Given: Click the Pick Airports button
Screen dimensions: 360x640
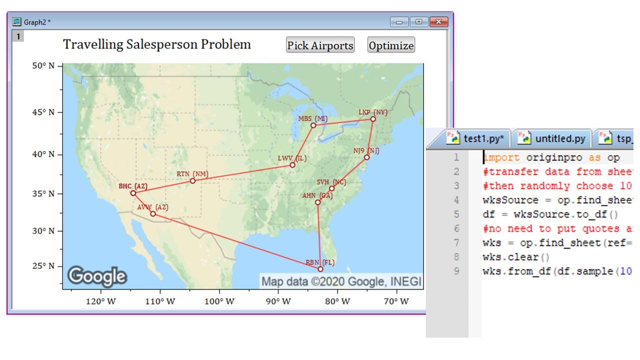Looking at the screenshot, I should tap(320, 45).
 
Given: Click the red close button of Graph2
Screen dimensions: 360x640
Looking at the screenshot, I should tap(438, 22).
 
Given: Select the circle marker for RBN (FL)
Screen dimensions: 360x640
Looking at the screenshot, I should tap(320, 269).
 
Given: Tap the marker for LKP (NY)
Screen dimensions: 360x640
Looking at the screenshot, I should tap(373, 119).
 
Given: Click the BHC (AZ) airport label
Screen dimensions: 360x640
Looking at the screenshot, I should tap(133, 186).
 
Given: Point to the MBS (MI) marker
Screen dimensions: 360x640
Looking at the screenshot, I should tap(313, 125).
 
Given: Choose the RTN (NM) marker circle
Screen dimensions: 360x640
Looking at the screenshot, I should tap(192, 180).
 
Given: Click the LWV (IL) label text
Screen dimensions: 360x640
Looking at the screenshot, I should tap(292, 158).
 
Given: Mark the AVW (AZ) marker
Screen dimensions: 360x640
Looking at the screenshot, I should tap(153, 213).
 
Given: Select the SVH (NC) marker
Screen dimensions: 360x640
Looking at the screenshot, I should tap(331, 188).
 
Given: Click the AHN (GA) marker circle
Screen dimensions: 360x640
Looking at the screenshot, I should tap(317, 202).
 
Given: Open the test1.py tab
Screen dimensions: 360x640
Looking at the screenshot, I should tap(477, 138).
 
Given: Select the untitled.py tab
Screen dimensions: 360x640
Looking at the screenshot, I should tap(553, 138).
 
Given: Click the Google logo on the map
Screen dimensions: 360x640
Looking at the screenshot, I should tap(97, 276).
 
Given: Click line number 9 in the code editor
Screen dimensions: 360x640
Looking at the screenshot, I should tap(455, 271).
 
